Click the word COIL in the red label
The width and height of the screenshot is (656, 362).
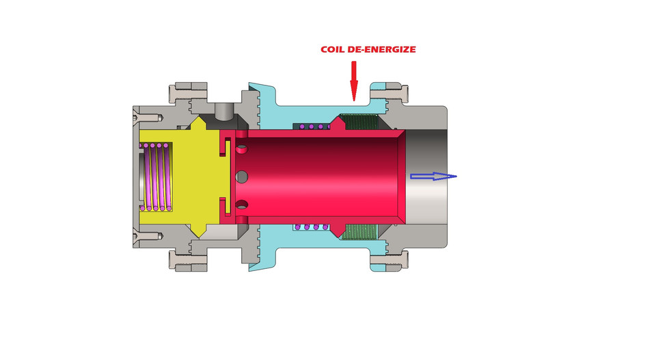point(333,50)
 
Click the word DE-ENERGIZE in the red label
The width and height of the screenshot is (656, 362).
point(382,50)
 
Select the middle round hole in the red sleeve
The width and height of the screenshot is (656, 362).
point(241,177)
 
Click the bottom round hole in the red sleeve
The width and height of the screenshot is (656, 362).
point(240,205)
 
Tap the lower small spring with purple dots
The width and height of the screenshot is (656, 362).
point(311,227)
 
